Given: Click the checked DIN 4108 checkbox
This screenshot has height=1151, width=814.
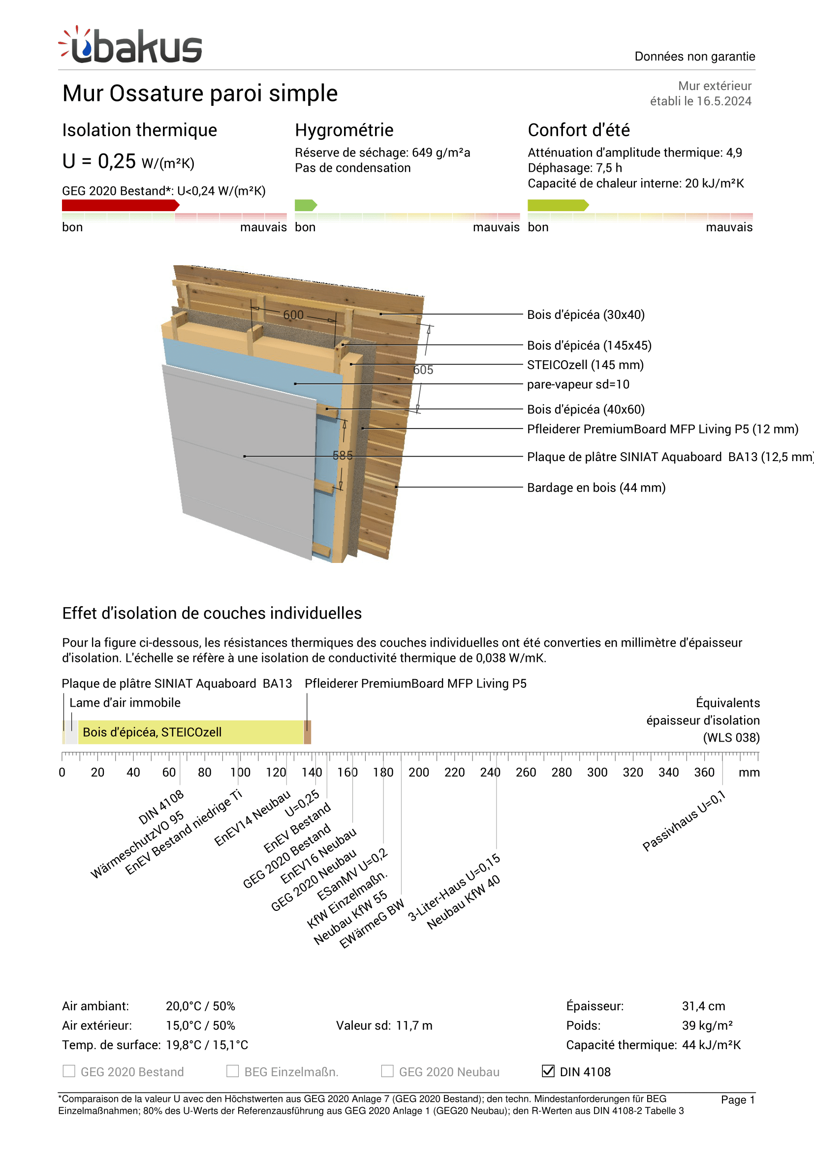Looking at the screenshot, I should click(x=548, y=1071).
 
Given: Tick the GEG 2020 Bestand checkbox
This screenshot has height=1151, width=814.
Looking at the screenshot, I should click(x=69, y=1071).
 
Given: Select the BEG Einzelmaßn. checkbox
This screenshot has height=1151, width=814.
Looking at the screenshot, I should click(x=233, y=1071).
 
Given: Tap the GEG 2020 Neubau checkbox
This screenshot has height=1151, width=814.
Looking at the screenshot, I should click(x=387, y=1071).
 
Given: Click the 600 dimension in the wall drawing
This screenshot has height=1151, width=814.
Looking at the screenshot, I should click(x=293, y=315).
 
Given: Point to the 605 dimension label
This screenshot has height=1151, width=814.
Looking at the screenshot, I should click(x=423, y=370).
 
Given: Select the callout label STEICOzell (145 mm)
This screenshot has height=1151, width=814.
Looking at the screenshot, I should click(x=585, y=365).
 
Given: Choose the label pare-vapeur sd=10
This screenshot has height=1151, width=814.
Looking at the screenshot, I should click(x=578, y=384).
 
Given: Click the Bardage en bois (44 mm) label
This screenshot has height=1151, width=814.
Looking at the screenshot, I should click(x=596, y=488).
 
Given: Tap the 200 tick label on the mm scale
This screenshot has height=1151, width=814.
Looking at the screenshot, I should click(x=418, y=773).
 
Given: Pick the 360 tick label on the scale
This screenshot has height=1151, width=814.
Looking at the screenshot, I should click(x=704, y=773).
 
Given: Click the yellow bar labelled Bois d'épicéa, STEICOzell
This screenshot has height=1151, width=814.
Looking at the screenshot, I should click(x=190, y=732).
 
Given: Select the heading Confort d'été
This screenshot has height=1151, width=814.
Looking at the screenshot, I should click(x=578, y=130).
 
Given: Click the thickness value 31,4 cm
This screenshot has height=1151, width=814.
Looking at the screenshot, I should click(x=703, y=1006).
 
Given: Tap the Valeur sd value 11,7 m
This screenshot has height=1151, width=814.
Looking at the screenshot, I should click(x=414, y=1026).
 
